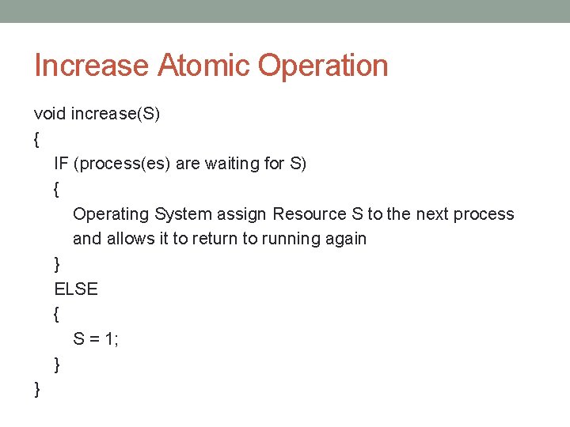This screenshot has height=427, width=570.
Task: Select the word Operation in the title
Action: pos(323,66)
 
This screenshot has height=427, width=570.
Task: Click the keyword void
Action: pos(50,114)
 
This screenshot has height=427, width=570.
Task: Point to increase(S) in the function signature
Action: pos(116,114)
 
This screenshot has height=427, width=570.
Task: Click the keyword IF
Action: pos(61,164)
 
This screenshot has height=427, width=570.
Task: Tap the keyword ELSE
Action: pos(76,289)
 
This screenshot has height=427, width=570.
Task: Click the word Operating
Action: pos(111,214)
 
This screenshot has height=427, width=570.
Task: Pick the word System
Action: pos(184,214)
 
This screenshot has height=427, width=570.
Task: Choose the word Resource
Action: pos(310,214)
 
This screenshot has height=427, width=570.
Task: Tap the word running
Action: pos(289,239)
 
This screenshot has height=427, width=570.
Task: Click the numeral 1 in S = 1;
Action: pos(112,339)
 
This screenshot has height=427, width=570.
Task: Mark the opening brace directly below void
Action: pos(37,139)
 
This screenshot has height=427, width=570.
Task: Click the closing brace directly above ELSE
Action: pos(57,264)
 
